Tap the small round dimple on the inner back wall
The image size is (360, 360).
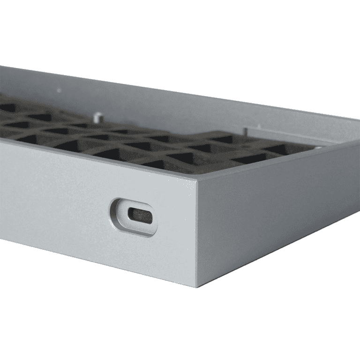(x=59, y=90)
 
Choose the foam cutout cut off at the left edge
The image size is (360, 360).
(x=7, y=108)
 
